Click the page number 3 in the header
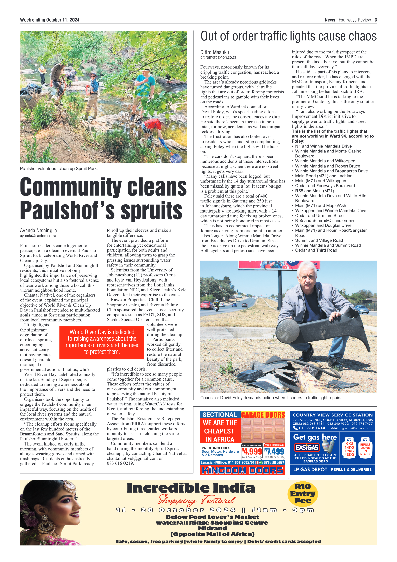(376, 20)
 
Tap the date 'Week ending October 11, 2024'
(50, 20)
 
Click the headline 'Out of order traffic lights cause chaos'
(288, 36)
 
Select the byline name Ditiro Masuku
(214, 52)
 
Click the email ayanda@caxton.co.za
(38, 236)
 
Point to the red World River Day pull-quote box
(102, 342)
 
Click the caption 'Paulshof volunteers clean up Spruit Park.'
(59, 169)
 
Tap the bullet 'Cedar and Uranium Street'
(320, 216)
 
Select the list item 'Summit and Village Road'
(319, 240)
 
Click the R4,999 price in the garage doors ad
(252, 451)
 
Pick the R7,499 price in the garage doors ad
(274, 451)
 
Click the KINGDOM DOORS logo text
(242, 470)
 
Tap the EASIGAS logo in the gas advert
(307, 448)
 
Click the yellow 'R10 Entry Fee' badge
(303, 494)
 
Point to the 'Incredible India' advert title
(191, 488)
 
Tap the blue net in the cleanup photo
(176, 158)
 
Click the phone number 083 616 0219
(120, 463)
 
